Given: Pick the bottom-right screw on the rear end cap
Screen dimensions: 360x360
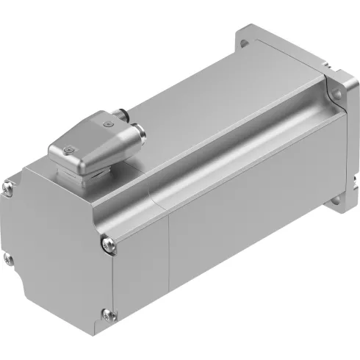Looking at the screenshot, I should pyautogui.click(x=109, y=315).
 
